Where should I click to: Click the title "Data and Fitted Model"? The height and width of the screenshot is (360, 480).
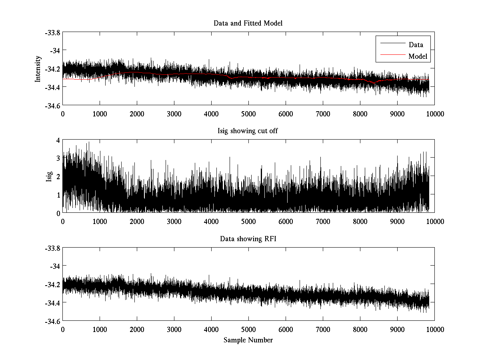click(248, 23)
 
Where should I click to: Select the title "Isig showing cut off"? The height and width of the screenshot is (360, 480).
click(248, 131)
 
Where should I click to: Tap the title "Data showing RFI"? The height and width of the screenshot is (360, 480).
click(248, 239)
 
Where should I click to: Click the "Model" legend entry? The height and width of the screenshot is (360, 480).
click(418, 56)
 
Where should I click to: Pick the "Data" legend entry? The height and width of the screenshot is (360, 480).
click(416, 45)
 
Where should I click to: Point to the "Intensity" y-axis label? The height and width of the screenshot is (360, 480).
click(38, 69)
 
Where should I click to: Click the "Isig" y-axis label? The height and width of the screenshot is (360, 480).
click(49, 176)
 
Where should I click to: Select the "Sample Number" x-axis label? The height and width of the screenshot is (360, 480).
click(248, 340)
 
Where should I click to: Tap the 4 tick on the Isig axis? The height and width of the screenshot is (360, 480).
click(58, 140)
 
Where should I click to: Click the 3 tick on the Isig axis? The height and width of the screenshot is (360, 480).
click(58, 158)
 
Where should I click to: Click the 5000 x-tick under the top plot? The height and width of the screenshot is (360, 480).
click(248, 114)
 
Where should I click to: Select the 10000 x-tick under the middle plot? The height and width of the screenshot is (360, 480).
click(434, 221)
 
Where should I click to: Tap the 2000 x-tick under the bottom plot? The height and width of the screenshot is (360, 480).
click(137, 329)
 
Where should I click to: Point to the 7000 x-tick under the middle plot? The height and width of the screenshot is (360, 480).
click(323, 221)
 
